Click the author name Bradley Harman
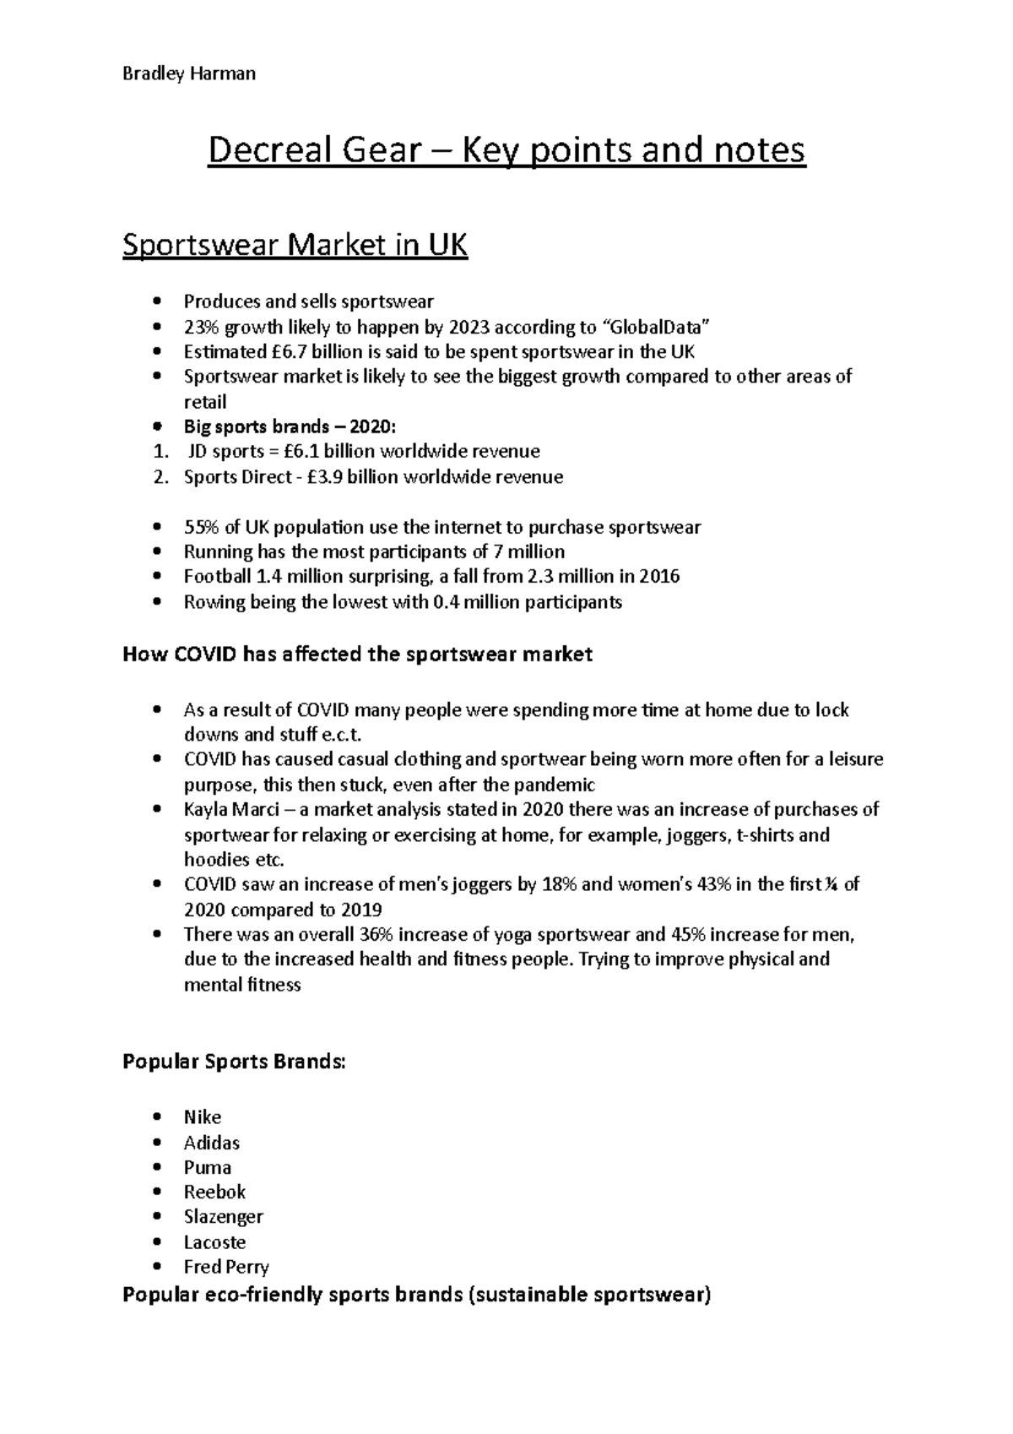coord(189,73)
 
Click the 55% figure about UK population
coord(201,527)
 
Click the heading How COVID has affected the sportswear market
coord(358,655)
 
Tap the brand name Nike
coord(203,1117)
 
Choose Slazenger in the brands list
coord(224,1217)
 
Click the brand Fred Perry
coord(226,1267)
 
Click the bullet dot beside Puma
coord(157,1168)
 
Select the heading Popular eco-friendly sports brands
coord(417,1295)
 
